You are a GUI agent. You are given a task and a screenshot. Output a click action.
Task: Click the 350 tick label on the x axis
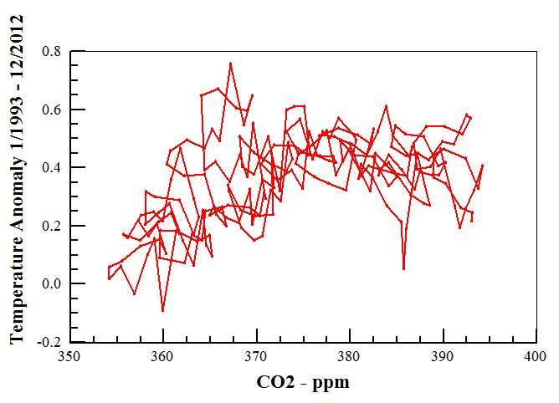[x=69, y=356]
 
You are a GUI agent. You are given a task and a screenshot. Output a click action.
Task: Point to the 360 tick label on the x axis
[x=162, y=356]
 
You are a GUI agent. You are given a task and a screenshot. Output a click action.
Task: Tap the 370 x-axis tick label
[x=255, y=356]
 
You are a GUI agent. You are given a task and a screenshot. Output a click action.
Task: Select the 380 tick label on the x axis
[x=348, y=356]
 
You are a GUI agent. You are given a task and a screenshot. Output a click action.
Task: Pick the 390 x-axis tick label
[x=442, y=356]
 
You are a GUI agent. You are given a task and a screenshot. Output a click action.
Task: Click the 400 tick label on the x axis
[x=535, y=356]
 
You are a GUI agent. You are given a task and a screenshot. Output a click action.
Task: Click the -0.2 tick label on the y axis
[x=49, y=342]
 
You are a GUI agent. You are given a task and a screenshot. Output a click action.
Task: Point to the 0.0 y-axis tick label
[x=51, y=284]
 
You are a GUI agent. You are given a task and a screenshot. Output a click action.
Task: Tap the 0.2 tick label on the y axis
[x=51, y=226]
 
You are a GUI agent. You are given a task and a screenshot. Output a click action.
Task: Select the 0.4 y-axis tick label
[x=51, y=168]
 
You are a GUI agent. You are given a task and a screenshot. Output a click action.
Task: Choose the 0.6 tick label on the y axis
[x=51, y=110]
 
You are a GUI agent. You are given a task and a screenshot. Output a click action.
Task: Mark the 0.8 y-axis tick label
[x=51, y=52]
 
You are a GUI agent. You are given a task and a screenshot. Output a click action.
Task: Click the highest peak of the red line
[x=230, y=63]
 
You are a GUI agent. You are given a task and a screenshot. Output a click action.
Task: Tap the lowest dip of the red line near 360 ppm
[x=162, y=311]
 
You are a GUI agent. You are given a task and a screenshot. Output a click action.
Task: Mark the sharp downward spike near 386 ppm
[x=403, y=268]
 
